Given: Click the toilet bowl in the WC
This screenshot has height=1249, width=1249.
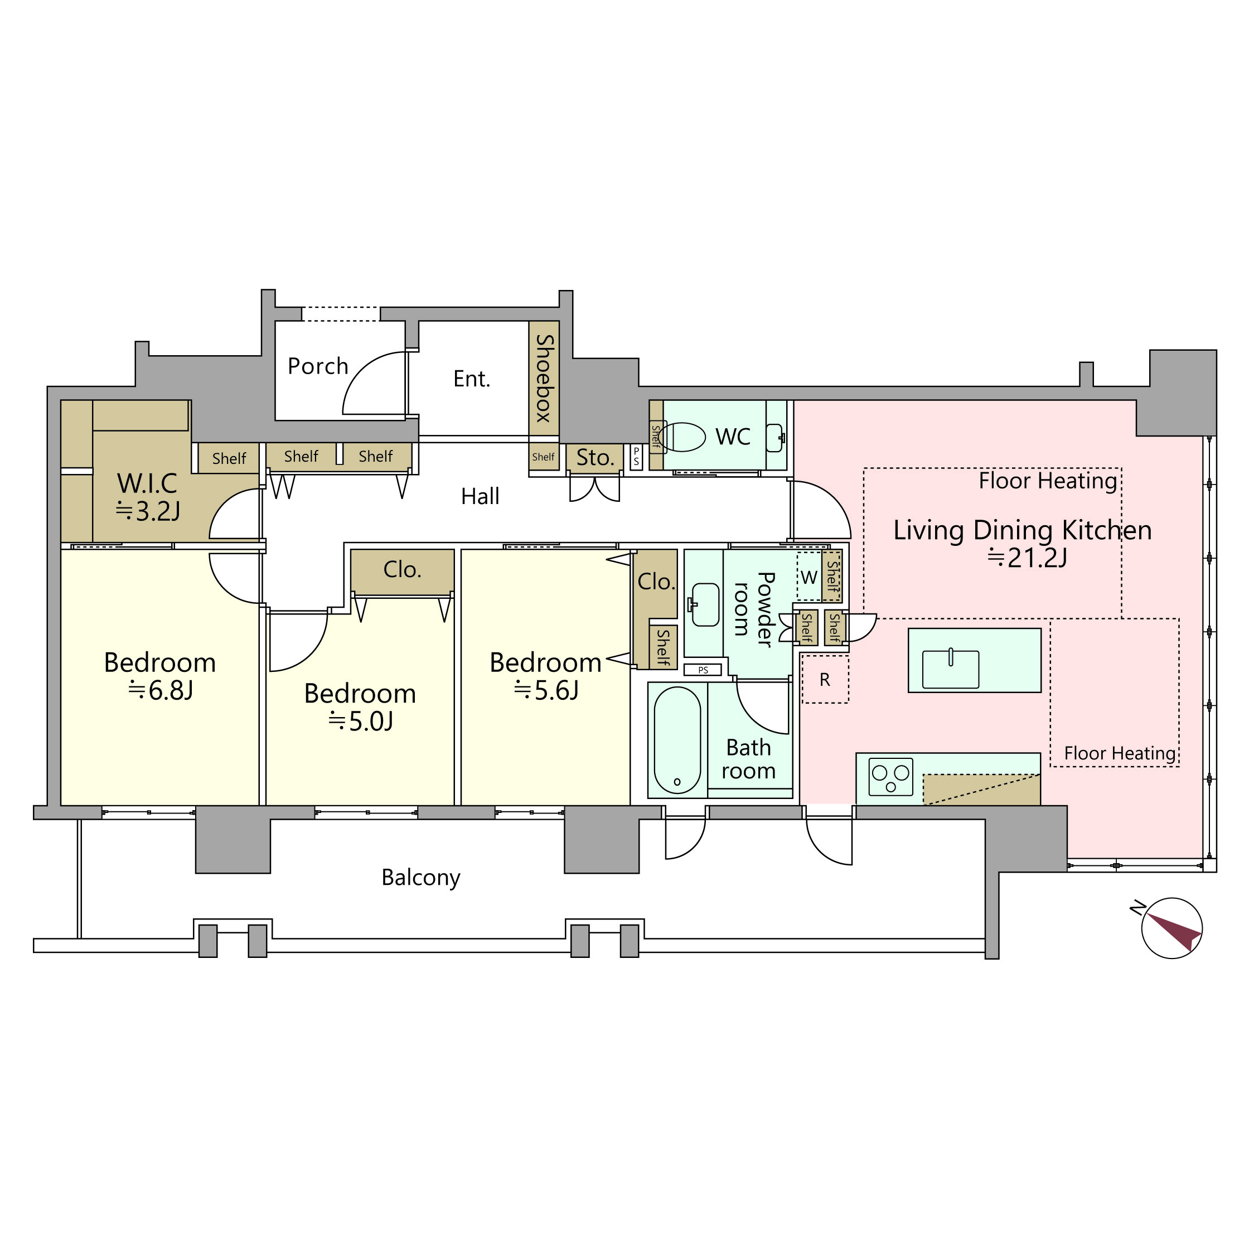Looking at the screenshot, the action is (684, 437).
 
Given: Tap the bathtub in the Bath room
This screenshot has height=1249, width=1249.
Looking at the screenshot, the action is (677, 739).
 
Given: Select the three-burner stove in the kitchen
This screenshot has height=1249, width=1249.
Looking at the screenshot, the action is (891, 776).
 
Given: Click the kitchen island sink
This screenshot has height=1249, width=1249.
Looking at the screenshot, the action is (950, 669).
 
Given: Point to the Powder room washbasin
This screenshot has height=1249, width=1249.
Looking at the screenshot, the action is (705, 604).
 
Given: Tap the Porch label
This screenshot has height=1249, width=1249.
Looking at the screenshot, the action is (318, 366).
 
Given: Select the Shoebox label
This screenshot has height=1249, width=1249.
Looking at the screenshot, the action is (544, 378).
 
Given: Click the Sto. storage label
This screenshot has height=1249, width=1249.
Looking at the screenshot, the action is (595, 458).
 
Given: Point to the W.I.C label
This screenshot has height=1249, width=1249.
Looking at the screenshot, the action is (147, 483).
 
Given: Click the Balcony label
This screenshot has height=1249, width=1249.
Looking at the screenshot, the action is (421, 877).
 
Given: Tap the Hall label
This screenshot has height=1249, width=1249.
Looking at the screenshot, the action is (480, 496).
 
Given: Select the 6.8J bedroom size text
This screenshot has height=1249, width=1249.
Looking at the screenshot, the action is (161, 691).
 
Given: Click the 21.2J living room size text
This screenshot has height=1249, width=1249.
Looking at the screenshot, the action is (1027, 557).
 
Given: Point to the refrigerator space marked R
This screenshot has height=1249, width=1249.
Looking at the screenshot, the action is (824, 680).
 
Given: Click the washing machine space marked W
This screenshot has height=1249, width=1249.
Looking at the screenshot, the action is (809, 577).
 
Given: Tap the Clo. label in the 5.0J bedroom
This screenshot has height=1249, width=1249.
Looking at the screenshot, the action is (402, 569).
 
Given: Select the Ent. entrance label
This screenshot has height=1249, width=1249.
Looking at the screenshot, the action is (472, 379).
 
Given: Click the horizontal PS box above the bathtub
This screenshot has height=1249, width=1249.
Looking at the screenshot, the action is (702, 670).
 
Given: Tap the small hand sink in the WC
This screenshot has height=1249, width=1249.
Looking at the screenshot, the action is (774, 438).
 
